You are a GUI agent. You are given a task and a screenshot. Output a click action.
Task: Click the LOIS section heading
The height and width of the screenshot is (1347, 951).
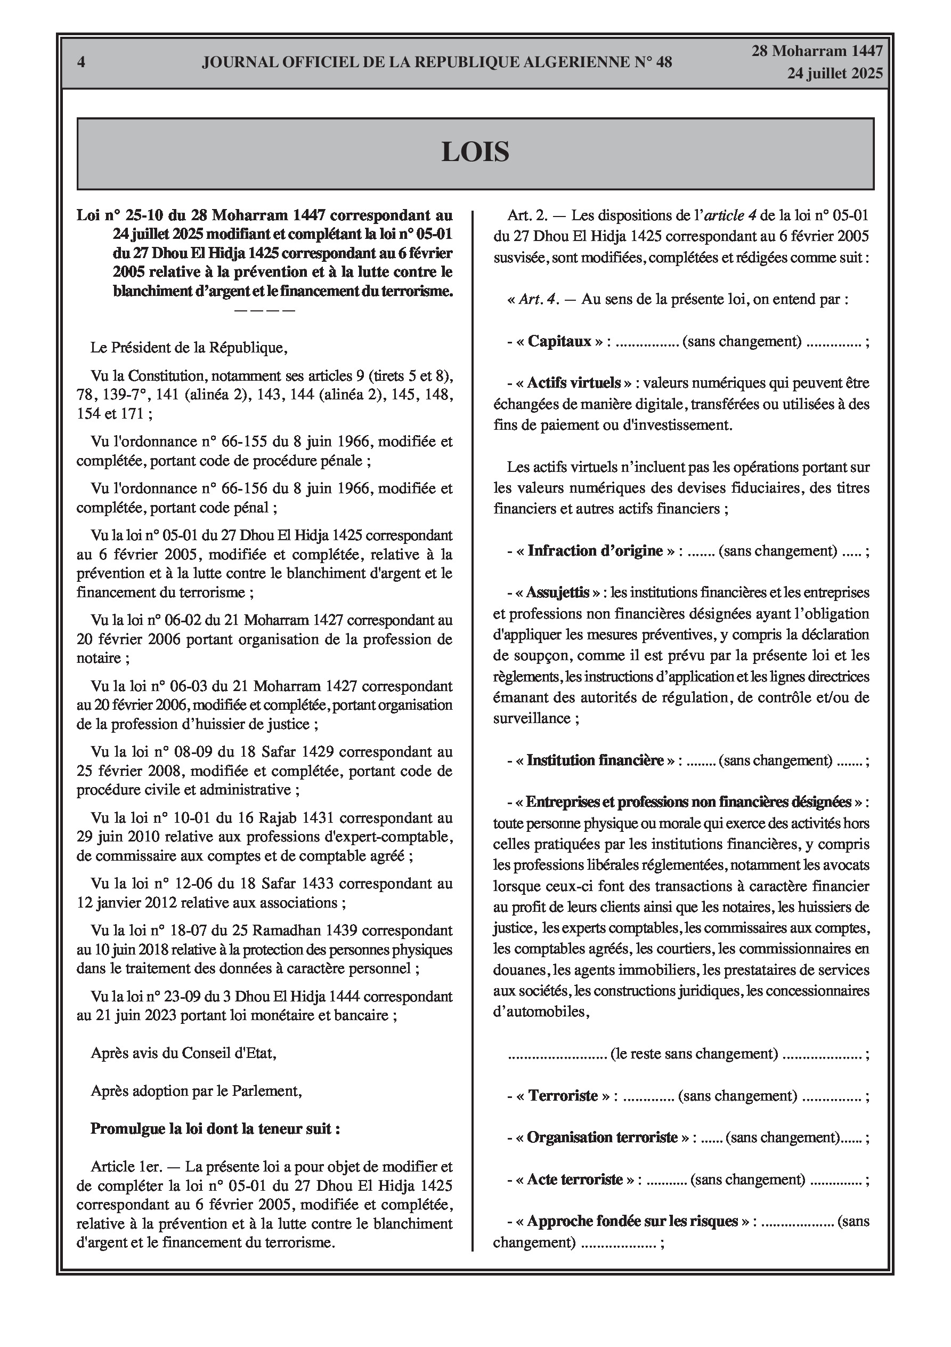475,152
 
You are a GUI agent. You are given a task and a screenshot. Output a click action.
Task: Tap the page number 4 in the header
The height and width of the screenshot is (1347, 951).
82,62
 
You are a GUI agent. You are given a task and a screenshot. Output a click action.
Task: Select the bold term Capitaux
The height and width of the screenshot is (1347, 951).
559,341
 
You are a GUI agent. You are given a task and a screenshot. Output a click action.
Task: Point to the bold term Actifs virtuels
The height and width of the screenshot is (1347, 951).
573,383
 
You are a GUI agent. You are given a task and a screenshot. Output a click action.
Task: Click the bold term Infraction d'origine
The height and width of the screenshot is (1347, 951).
595,551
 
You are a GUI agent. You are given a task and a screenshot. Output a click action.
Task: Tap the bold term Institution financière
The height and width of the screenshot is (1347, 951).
595,761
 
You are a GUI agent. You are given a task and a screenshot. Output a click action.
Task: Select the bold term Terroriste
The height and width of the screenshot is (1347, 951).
563,1096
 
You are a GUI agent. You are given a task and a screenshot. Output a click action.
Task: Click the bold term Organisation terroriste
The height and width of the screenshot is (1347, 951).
602,1137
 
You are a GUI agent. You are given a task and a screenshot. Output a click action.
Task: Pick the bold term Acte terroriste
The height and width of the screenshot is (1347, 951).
574,1179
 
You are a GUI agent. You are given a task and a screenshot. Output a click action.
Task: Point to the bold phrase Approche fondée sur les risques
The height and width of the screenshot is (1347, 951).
632,1222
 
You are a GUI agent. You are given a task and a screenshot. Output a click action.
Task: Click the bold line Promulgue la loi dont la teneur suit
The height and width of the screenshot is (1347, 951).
215,1129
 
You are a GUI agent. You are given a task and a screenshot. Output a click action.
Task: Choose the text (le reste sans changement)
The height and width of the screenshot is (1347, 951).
694,1054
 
